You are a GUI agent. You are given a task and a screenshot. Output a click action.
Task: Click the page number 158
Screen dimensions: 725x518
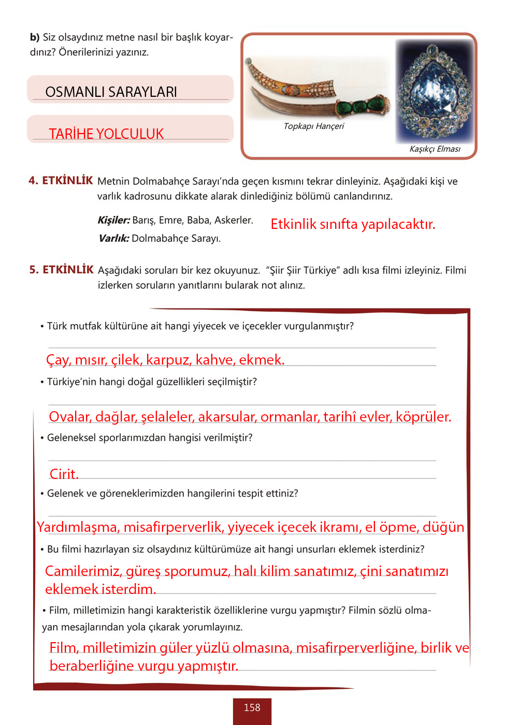coord(252,707)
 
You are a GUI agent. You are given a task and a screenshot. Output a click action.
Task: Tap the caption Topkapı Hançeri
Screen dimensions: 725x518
coord(313,126)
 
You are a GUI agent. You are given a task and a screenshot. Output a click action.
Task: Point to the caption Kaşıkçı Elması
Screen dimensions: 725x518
coord(435,149)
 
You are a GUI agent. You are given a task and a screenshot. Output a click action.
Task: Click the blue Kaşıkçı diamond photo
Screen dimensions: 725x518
coord(434,91)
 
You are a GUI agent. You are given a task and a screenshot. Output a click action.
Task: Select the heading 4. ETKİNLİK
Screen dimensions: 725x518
coord(61,181)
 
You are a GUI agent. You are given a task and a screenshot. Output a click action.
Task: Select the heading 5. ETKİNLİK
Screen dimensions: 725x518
coord(61,270)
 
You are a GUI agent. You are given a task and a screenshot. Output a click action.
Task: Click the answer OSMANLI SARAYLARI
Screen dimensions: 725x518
coord(111,92)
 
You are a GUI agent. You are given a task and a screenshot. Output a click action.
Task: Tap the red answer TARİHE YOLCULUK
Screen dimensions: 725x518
coord(106,134)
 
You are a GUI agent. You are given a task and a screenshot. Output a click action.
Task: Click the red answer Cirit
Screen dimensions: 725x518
coord(64,474)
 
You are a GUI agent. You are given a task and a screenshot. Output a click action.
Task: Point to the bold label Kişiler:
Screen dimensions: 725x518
coord(113,220)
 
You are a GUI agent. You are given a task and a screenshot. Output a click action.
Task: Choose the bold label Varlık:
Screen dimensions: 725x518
coord(113,238)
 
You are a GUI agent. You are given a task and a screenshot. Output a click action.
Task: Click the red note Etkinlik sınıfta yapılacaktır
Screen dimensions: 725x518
coord(353,224)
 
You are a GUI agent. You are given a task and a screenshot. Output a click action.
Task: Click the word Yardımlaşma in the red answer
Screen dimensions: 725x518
coord(78,527)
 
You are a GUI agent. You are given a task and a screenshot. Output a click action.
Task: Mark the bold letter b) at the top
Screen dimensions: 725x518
coord(34,37)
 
